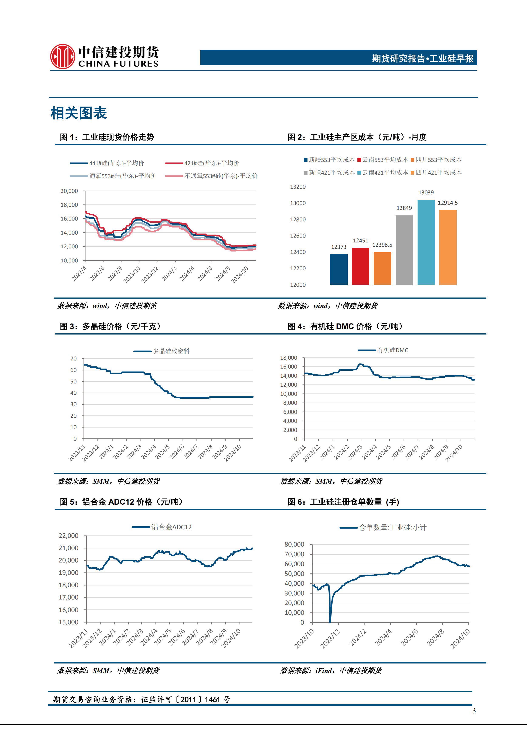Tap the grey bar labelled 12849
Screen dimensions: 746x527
[404, 250]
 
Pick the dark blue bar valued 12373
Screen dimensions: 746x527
[339, 269]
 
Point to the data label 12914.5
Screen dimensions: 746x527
[448, 203]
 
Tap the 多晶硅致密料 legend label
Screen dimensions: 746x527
[171, 351]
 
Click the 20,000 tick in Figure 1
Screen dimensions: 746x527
[69, 191]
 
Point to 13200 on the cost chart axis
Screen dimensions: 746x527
[297, 187]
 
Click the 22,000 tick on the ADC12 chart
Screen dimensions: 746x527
[68, 535]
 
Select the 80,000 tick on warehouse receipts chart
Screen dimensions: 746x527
[294, 544]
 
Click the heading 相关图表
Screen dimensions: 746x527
[79, 113]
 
